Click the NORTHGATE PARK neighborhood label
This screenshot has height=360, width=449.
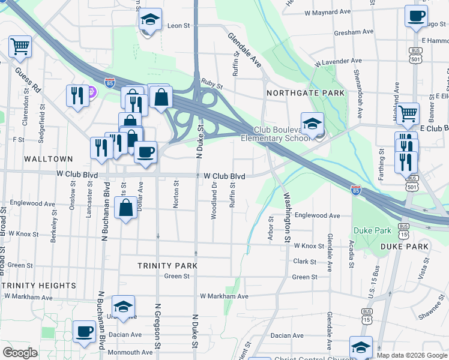(x=306, y=93)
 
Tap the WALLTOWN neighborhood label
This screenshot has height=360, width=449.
(x=49, y=159)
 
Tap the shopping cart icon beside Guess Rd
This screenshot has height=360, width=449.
(x=20, y=47)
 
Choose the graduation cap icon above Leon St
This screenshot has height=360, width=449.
(x=151, y=19)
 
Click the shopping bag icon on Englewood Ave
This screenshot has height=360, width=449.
(x=126, y=209)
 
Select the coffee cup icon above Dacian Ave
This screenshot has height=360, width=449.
(x=84, y=331)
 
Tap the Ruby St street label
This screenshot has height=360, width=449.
(x=212, y=86)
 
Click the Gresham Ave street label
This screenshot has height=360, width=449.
(x=356, y=31)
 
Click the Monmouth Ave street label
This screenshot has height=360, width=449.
(x=131, y=352)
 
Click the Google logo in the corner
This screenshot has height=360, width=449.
(x=20, y=353)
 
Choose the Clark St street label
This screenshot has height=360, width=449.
(x=305, y=262)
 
